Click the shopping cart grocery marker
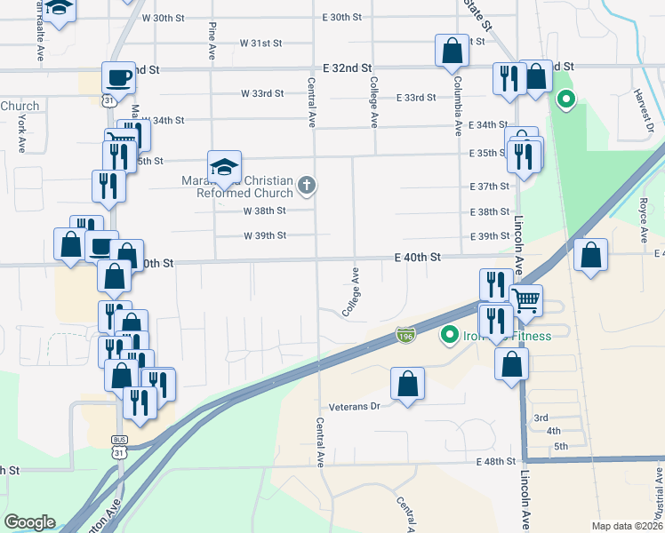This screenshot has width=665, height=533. click(525, 301)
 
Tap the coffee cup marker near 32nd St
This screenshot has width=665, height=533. click(118, 77)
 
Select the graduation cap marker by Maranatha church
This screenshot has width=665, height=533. click(225, 166)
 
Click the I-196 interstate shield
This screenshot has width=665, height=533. click(405, 335)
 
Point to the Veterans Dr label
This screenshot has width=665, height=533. click(355, 406)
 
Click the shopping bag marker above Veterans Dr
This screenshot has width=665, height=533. click(407, 384)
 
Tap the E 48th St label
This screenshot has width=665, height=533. click(495, 461)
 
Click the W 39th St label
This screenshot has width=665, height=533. click(265, 235)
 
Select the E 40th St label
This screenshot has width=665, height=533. click(418, 257)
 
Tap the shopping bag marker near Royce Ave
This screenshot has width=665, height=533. click(591, 256)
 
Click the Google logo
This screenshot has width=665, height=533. click(29, 522)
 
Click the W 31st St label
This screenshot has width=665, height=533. click(260, 43)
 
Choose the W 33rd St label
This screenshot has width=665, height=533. click(262, 93)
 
